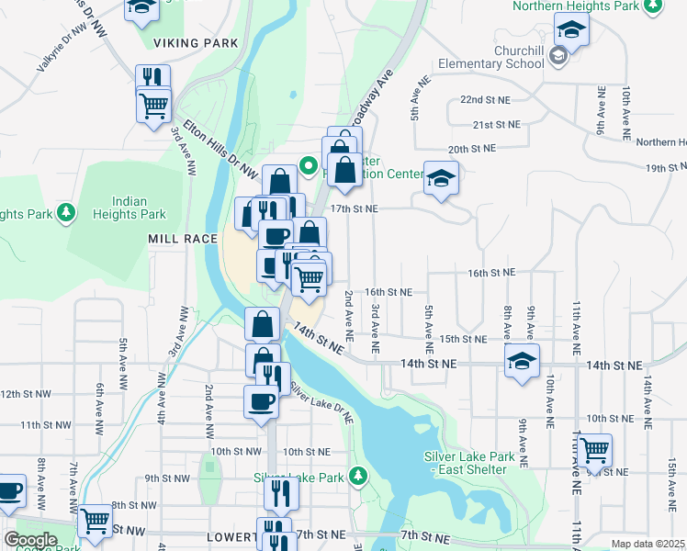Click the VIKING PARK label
coord(196,43)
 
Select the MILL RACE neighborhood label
coord(183,239)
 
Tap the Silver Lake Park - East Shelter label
coord(465,462)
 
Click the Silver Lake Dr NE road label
coord(321,401)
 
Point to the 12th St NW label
coord(24,394)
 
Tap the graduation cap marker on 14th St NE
coord(522,360)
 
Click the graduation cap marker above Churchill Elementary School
coord(571,29)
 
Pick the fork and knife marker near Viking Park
coord(153,79)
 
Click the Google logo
coord(30,540)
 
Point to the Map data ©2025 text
coord(648,544)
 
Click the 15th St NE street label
coord(462,339)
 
